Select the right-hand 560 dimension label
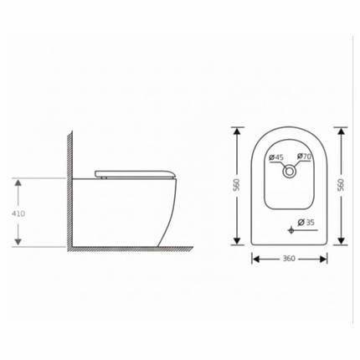tap(342, 184)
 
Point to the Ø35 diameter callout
tap(308, 223)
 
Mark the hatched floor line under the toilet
tap(126, 249)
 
